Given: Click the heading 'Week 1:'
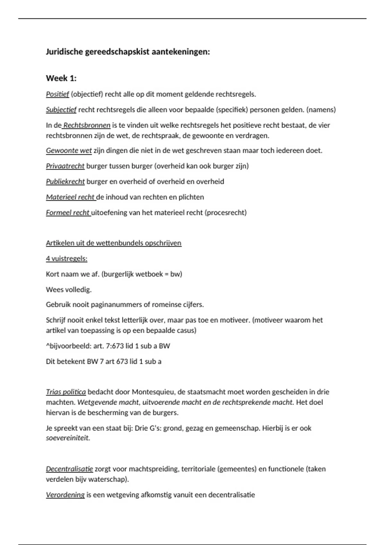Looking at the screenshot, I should point(61,78).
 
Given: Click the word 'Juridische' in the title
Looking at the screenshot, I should point(64,52).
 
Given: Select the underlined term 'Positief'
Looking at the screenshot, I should point(57,94).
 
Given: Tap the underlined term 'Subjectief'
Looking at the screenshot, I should point(61,110).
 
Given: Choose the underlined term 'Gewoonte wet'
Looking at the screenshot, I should point(69,150).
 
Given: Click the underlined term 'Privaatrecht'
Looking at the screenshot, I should point(65,166).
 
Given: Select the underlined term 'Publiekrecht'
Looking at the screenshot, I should point(65,181).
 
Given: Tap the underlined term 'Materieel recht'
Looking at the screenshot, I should point(70,197).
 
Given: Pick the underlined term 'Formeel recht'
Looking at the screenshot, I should point(68,213).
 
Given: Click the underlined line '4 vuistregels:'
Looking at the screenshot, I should point(66,258).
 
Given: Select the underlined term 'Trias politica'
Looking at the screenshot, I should point(66,392).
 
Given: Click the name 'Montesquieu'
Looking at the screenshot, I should point(153,392).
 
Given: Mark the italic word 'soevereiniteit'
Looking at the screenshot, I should point(67,438).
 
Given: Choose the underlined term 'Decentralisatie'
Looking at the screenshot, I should point(69,469).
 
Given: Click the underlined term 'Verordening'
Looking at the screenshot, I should point(65,495).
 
